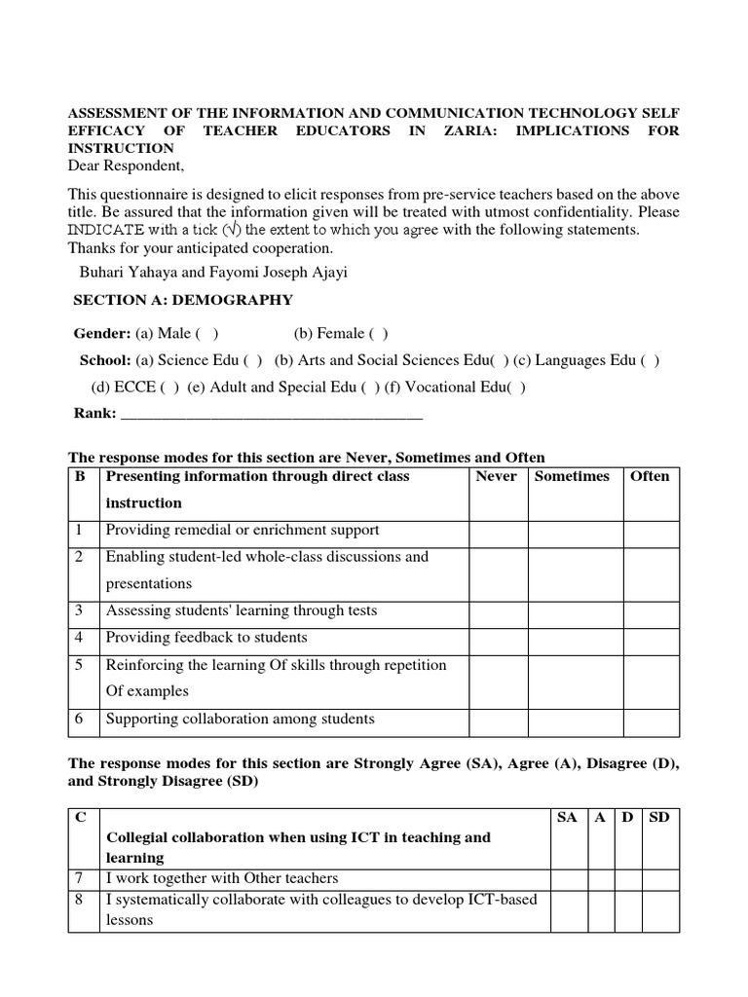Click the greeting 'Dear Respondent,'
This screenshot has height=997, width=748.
pos(126,166)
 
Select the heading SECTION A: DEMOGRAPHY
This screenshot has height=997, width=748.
pos(183,300)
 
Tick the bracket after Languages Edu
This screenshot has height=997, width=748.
pos(650,360)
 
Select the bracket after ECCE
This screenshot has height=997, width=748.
pos(168,387)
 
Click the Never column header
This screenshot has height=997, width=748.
pos(496,476)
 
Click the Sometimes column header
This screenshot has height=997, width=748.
pos(572,476)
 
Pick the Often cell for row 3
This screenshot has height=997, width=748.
pos(651,611)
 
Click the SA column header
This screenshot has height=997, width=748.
pos(567,817)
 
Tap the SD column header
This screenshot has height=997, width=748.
pos(659,817)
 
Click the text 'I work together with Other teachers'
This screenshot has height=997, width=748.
pos(222,878)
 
